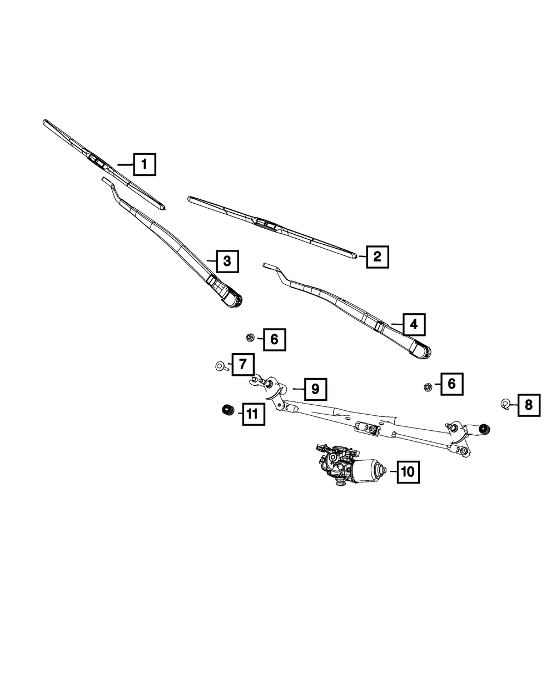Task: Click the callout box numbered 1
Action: (x=144, y=164)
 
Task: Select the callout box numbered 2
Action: (x=377, y=257)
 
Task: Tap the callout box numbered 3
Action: (x=227, y=261)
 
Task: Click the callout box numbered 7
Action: (x=242, y=365)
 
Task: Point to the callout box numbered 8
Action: (x=528, y=405)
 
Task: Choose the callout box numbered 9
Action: (x=315, y=389)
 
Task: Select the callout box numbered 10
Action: (x=408, y=472)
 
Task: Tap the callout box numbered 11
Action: (x=252, y=414)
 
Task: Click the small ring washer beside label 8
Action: (x=507, y=404)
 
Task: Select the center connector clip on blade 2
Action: (x=267, y=224)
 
